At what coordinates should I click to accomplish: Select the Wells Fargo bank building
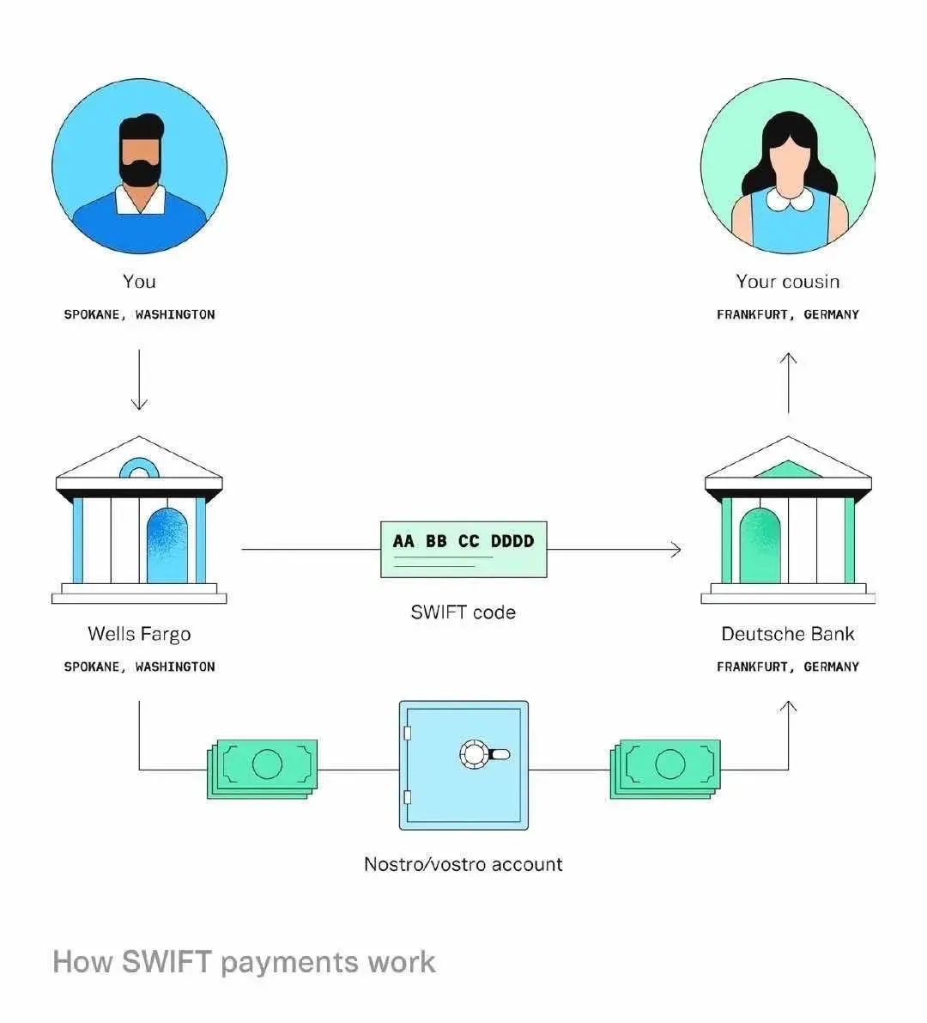click(x=139, y=521)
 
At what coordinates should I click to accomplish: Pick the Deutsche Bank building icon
click(x=788, y=521)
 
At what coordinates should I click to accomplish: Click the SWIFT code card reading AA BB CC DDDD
click(x=463, y=549)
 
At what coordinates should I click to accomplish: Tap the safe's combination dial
click(x=475, y=754)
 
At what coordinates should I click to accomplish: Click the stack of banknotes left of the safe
click(x=263, y=768)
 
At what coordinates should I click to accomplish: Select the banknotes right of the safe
click(x=665, y=768)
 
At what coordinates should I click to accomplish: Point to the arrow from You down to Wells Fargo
click(x=139, y=379)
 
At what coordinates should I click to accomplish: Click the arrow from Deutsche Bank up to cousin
click(x=789, y=381)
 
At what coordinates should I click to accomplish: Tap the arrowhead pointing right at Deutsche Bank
click(x=676, y=549)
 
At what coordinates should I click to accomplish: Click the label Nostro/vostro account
click(x=463, y=864)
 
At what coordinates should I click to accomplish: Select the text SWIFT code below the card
click(x=463, y=612)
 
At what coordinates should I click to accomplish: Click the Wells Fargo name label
click(x=139, y=634)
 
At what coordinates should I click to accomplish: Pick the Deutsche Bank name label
click(x=788, y=634)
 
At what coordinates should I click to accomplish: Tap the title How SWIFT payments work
click(x=244, y=961)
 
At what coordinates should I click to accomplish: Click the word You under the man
click(x=139, y=282)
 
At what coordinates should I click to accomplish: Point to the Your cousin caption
click(x=788, y=282)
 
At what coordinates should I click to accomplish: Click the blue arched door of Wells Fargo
click(x=167, y=546)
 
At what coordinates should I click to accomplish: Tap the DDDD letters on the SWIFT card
click(x=512, y=541)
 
